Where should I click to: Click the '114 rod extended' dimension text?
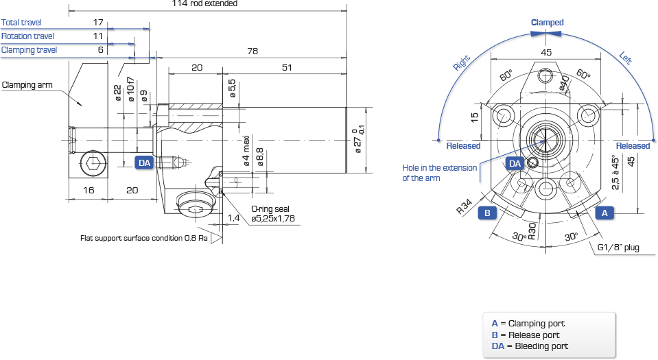(204, 3)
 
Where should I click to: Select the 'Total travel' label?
(21, 23)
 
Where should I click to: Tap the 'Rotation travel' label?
(27, 36)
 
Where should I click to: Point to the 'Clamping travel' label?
(29, 50)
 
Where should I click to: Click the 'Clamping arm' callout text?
(27, 85)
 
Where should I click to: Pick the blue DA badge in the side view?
(144, 163)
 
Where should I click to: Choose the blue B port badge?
(487, 213)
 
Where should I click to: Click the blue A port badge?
(604, 213)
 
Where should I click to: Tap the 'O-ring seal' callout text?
(270, 209)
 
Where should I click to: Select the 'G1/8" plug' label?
(618, 248)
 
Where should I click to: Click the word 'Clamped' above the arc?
(548, 23)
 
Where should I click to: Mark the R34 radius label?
(465, 206)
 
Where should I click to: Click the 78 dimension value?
(252, 51)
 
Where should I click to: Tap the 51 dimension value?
(287, 68)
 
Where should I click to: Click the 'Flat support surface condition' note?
(144, 239)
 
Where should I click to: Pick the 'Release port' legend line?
(526, 335)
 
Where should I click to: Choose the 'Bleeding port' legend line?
(530, 346)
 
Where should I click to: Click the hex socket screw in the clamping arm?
(93, 163)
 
